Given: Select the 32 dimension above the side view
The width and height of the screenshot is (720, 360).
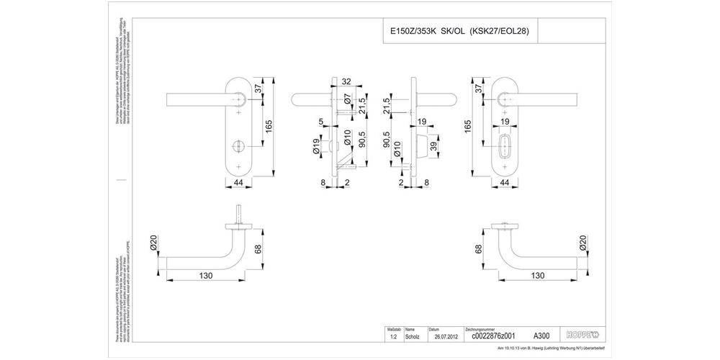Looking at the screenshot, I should click(346, 81).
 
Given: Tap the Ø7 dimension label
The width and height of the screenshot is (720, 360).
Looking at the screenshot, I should click(347, 100).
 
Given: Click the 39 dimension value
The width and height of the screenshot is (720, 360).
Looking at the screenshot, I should click(433, 148).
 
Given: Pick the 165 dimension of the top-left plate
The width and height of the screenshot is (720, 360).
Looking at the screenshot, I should click(268, 127).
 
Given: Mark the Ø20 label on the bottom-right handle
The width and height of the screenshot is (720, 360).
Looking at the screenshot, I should click(584, 243).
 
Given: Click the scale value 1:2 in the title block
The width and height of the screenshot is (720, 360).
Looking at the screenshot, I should click(392, 336).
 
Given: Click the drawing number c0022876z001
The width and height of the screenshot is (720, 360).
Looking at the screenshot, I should click(493, 336).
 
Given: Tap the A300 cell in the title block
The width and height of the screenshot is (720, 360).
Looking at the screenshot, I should click(541, 336).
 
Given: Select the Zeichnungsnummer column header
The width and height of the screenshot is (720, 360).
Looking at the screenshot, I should click(480, 328).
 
